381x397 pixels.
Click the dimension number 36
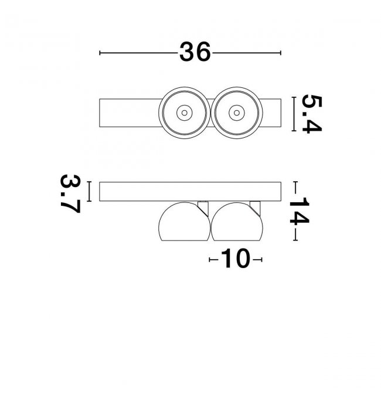click(x=195, y=52)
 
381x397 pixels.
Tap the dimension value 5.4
click(x=312, y=114)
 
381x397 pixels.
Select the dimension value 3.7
click(x=70, y=194)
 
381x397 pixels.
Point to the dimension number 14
click(x=299, y=211)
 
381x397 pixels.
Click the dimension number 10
click(x=236, y=258)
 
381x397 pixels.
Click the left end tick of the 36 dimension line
click(x=100, y=53)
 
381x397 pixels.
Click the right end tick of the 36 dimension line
click(x=281, y=53)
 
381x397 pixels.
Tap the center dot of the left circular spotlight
click(x=184, y=113)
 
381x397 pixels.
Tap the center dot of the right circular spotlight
click(x=236, y=113)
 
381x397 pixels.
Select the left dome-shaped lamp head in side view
click(x=184, y=222)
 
